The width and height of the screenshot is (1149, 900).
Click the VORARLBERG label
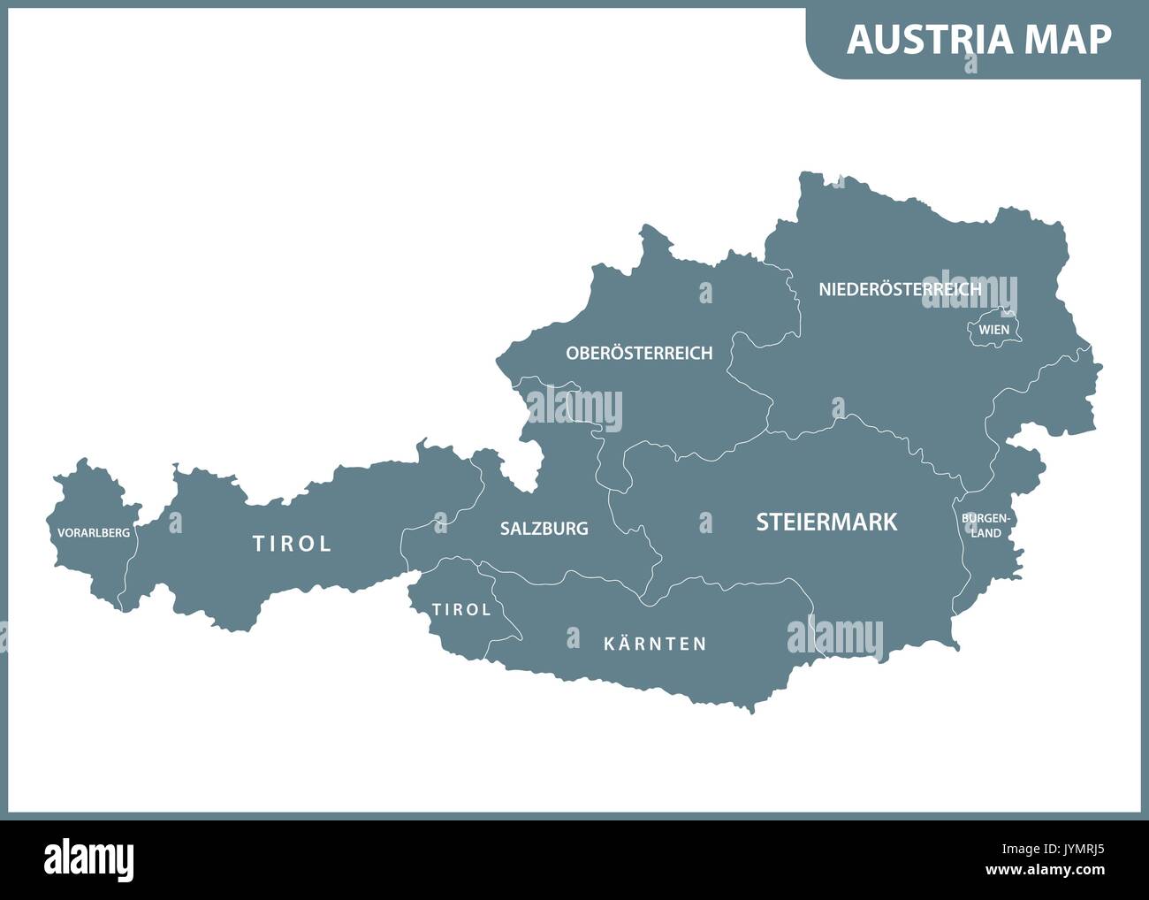94,533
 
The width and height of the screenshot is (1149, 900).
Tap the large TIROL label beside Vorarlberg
293,544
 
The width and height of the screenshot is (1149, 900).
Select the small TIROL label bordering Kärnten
461,610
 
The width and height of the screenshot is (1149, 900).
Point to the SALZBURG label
544,529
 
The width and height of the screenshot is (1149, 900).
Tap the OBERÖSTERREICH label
639,353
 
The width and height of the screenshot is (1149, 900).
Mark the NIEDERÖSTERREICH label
900,289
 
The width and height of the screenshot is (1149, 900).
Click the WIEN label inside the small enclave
993,330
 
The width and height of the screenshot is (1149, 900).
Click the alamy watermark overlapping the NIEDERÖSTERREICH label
970,292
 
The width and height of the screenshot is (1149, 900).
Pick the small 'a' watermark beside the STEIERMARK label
705,522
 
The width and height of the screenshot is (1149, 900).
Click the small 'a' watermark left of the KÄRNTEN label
574,637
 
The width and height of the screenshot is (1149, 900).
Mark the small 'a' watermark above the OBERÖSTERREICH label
705,293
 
